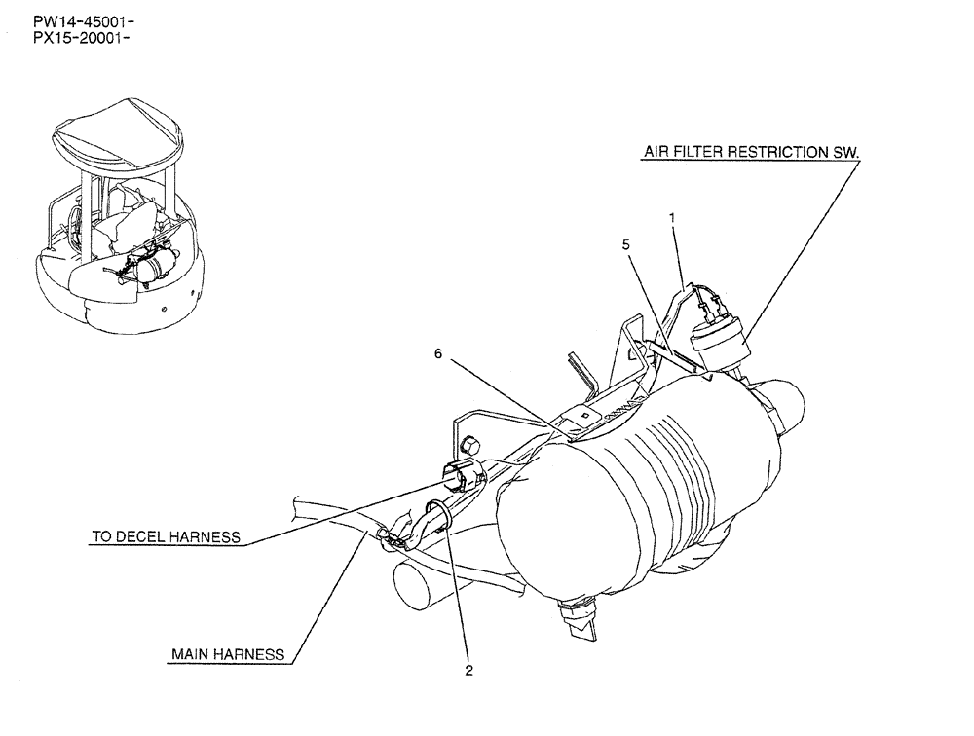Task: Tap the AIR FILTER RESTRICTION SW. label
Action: click(752, 153)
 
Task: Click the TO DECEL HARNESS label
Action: click(165, 536)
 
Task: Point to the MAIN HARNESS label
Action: click(228, 655)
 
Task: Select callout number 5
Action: click(625, 245)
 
